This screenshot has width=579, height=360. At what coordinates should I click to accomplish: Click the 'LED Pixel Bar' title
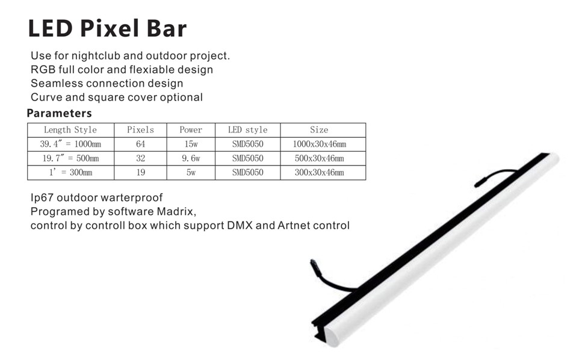point(107,29)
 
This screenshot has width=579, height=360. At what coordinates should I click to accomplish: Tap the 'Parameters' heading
point(59,113)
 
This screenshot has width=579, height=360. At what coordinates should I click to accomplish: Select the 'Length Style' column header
point(70,130)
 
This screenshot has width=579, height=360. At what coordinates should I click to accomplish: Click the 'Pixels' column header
point(140,130)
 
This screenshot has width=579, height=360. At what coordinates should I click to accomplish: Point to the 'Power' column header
point(191,130)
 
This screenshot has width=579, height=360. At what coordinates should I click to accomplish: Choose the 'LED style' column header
point(247,130)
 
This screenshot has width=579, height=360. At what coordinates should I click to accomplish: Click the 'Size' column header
point(319,130)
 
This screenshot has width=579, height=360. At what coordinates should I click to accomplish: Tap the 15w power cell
point(191,144)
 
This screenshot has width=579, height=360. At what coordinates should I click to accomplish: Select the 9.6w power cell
point(191,159)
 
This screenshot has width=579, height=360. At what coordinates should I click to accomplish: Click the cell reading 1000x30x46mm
point(320,144)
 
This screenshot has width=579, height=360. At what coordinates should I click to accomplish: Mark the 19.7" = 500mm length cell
point(70,159)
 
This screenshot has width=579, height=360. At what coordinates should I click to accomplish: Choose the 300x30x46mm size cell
point(320,173)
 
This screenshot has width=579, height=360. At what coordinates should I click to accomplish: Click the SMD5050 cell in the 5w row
point(247,173)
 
